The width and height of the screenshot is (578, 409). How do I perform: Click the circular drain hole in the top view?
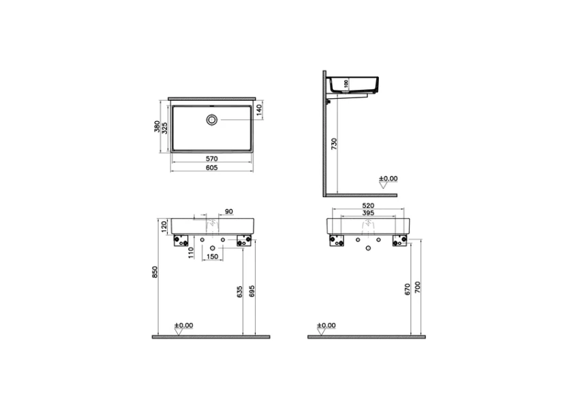213,120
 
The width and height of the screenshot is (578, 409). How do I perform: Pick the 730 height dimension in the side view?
334,144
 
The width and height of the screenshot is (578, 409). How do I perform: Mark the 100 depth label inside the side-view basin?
346,83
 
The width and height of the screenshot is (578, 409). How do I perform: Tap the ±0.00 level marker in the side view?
389,179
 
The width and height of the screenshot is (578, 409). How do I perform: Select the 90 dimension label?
228,212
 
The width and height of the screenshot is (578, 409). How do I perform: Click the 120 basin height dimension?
164,225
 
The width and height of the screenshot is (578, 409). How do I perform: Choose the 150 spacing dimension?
213,256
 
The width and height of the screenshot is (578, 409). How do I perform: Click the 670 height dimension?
408,288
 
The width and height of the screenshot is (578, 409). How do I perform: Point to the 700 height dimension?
419,288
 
